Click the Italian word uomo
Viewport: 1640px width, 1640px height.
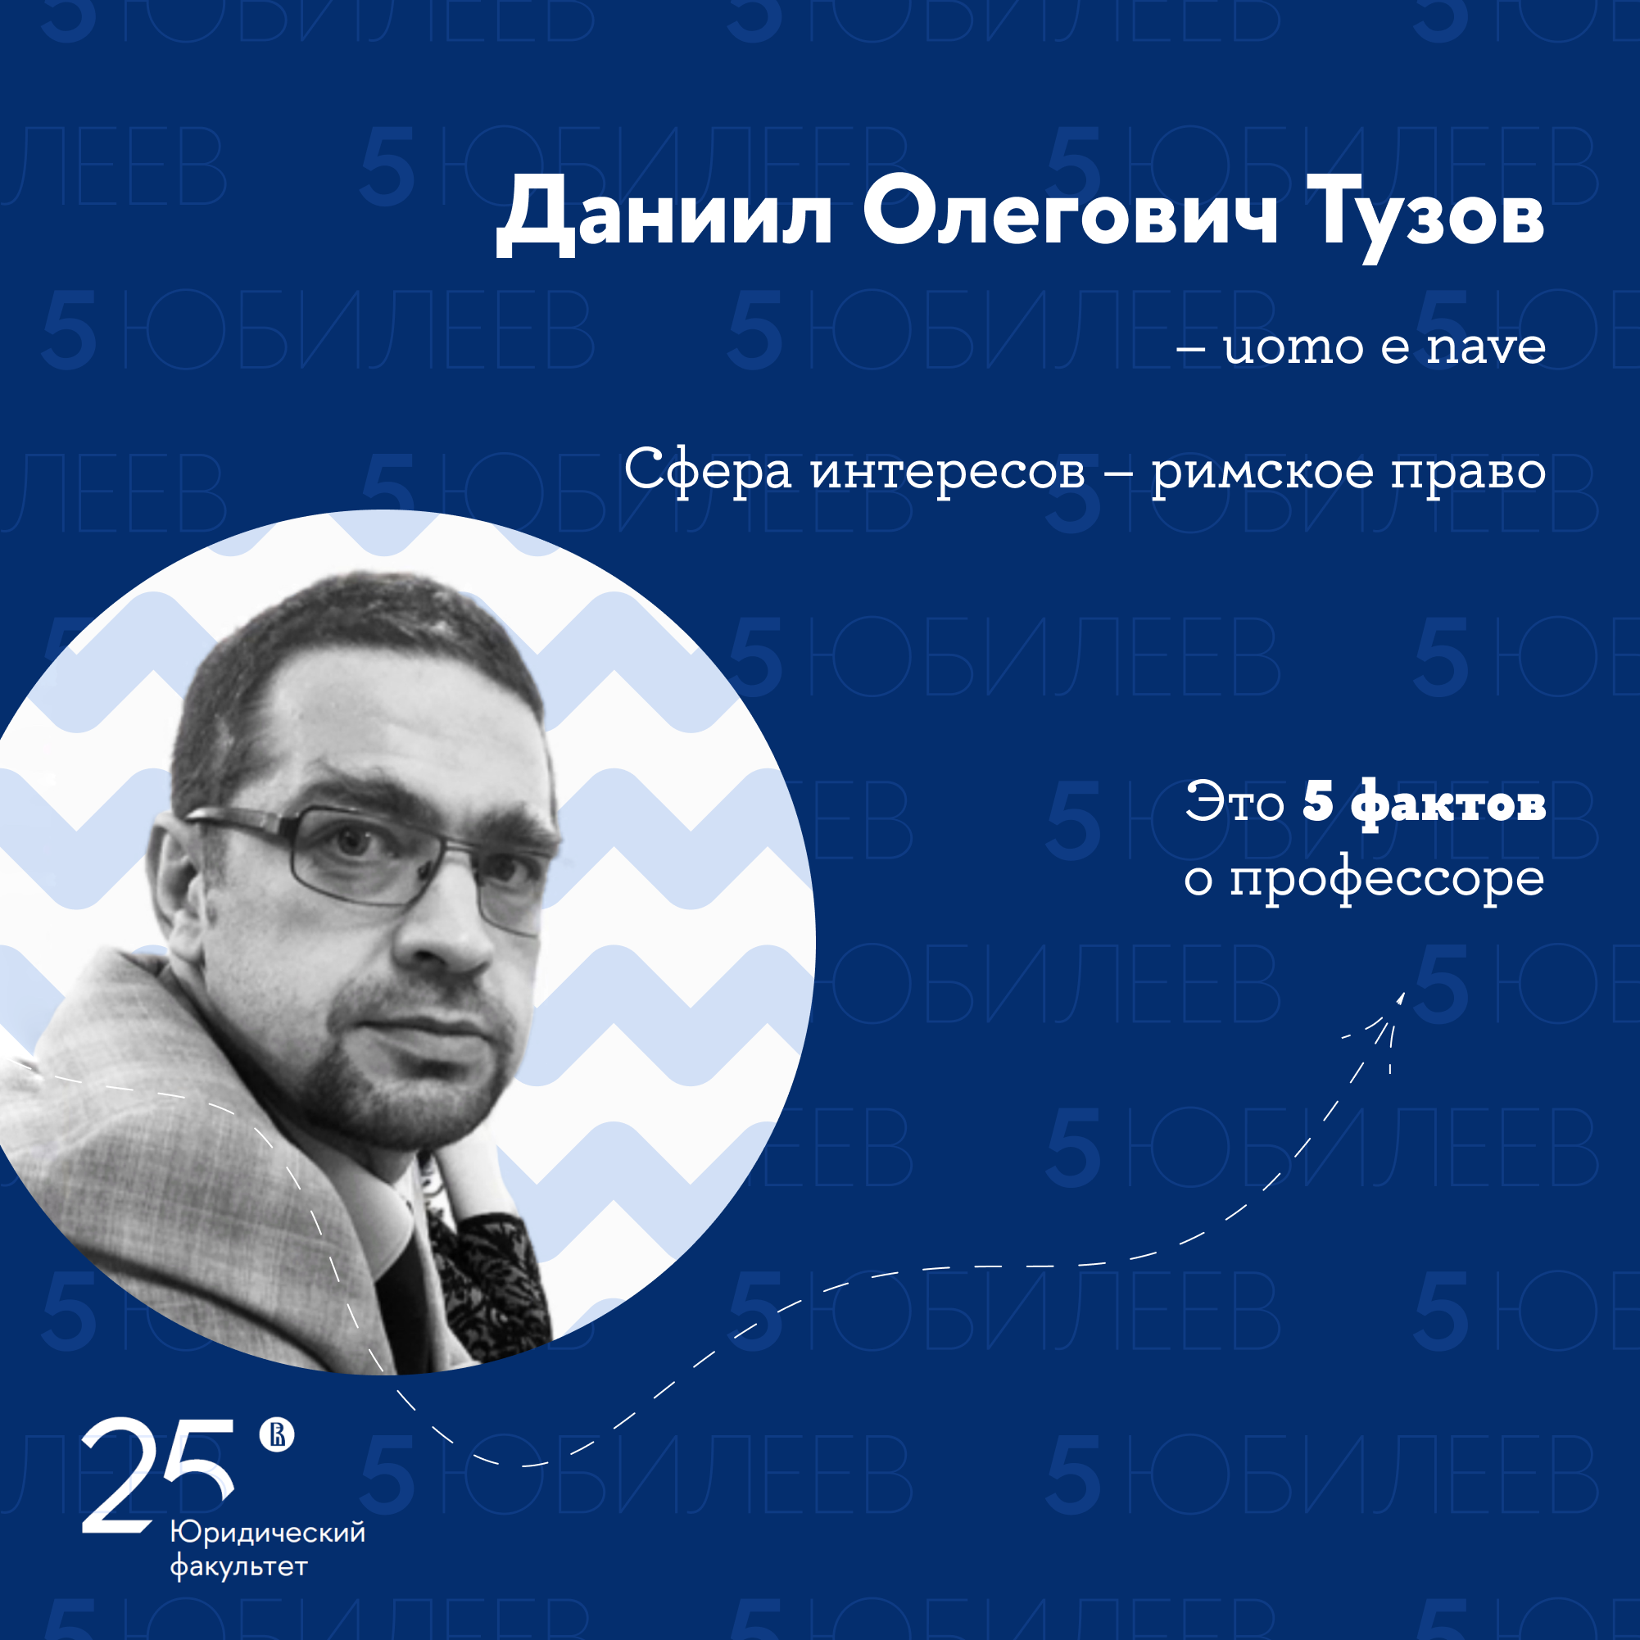[x=1293, y=347]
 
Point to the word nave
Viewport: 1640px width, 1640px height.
[x=1485, y=347]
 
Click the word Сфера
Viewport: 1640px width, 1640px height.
[x=708, y=470]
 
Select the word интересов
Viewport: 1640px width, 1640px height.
[x=948, y=472]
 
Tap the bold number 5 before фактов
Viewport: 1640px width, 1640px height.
[x=1318, y=800]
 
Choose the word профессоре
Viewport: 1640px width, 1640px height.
[x=1387, y=881]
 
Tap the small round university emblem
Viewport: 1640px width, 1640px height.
[x=277, y=1434]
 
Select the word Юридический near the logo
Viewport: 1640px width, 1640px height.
[x=268, y=1533]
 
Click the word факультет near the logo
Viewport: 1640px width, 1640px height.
[x=238, y=1566]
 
